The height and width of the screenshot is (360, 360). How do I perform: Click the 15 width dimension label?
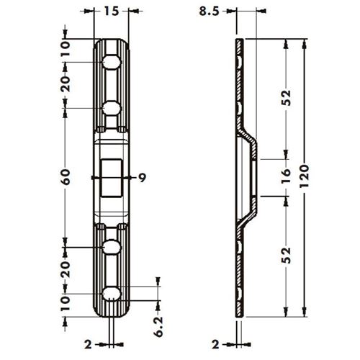click(112, 11)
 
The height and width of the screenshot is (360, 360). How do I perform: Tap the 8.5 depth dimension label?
click(209, 11)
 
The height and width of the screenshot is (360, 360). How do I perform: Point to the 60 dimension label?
click(66, 177)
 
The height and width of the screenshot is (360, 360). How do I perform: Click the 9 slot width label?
click(143, 178)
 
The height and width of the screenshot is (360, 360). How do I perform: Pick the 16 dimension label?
click(286, 176)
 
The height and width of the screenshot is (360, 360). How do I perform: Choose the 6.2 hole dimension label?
click(158, 327)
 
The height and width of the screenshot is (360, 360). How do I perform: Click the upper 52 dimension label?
click(286, 98)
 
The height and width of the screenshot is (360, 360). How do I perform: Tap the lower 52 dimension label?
click(286, 256)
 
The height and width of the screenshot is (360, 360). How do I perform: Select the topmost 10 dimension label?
click(66, 48)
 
